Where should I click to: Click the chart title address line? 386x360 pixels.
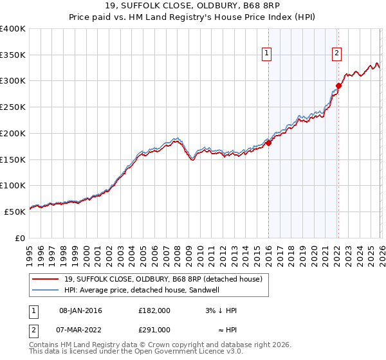(x=193, y=6)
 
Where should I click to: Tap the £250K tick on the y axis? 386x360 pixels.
(x=12, y=107)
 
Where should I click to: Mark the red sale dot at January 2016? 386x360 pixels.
(x=268, y=143)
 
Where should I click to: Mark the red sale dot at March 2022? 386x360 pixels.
(x=338, y=85)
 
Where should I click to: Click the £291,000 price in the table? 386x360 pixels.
(x=154, y=329)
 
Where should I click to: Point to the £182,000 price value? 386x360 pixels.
(x=154, y=310)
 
